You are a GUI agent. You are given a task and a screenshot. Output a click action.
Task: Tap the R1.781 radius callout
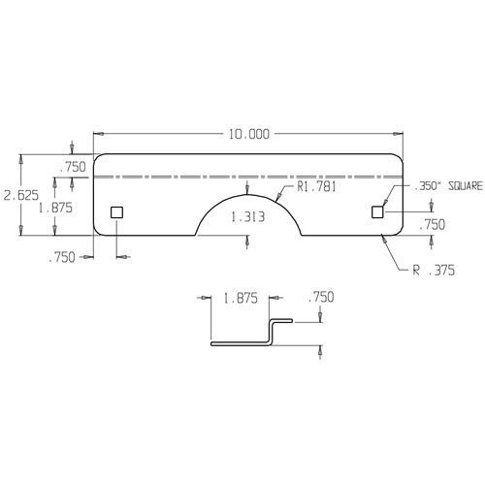(315, 188)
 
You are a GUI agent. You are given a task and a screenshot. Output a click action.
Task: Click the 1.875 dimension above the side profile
(240, 300)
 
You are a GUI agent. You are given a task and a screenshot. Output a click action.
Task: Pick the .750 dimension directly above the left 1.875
(73, 168)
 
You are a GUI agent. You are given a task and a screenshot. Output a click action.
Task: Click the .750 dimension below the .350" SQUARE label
(432, 224)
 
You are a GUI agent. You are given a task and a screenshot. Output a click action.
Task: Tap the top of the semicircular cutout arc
(248, 191)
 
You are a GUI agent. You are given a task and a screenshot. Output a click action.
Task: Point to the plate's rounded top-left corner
(98, 158)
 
